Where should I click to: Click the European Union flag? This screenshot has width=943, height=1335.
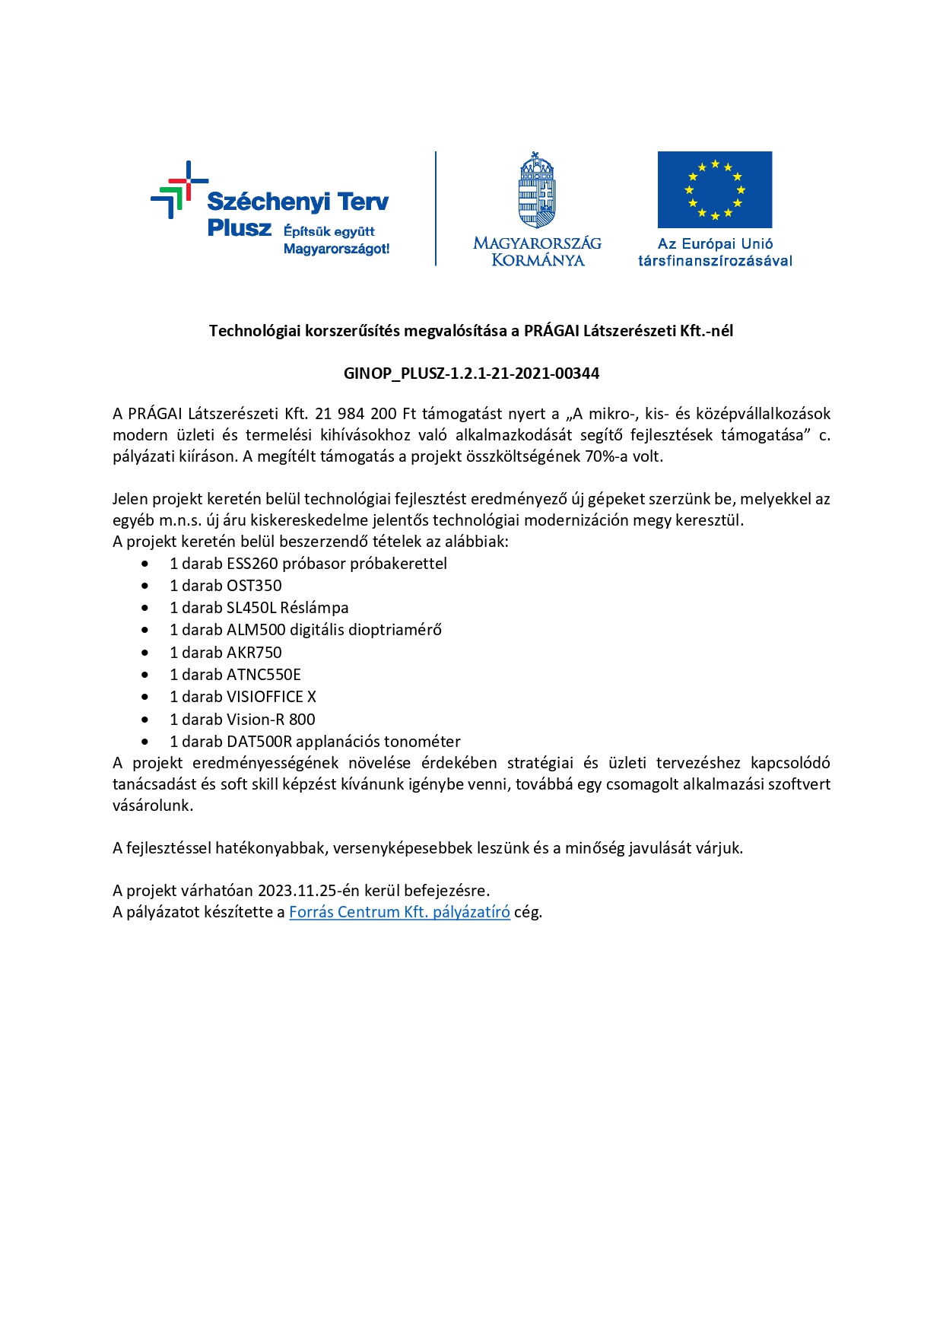(714, 189)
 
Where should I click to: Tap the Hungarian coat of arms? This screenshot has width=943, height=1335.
(537, 190)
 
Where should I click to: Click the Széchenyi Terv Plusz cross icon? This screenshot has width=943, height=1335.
(179, 189)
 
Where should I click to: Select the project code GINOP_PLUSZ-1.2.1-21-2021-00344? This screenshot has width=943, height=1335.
(471, 373)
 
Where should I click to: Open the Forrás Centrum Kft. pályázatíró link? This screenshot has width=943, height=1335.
(399, 912)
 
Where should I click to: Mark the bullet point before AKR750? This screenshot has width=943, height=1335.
(145, 653)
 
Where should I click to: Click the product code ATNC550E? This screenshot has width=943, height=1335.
(263, 675)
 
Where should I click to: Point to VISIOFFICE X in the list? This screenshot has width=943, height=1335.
(271, 697)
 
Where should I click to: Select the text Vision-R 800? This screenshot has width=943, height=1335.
(271, 720)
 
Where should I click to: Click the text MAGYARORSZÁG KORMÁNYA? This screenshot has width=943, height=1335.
(537, 252)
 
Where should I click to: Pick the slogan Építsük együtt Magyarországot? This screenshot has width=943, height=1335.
(336, 240)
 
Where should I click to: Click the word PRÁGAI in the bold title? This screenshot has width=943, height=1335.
(551, 331)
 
